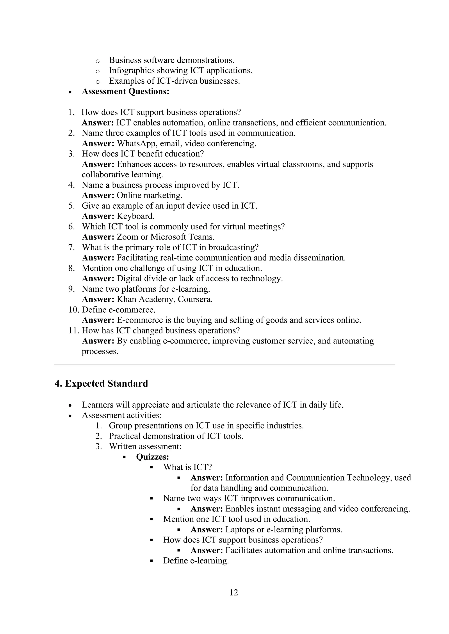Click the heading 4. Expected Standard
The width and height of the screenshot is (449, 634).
pos(101,384)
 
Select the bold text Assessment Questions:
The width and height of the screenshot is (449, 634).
pos(126,91)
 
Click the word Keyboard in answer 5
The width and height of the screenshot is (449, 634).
pos(135,216)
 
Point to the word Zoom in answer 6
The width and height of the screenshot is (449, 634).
pos(126,237)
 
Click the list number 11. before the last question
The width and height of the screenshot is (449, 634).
pos(74,331)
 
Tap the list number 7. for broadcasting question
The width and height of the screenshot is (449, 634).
pos(72,247)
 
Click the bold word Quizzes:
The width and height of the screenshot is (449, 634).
pos(153,457)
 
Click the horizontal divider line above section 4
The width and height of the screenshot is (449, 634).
pos(224,365)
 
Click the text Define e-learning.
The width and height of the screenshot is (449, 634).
pos(196,561)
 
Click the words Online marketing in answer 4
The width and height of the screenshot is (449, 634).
pos(149,195)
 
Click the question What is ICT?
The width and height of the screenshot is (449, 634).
pos(187,467)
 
